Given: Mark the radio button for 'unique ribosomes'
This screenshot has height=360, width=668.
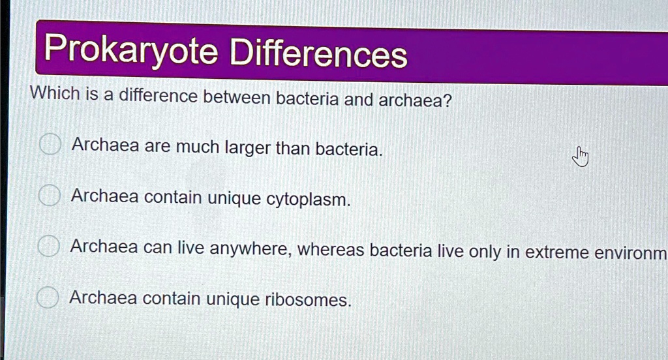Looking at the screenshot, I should (46, 297).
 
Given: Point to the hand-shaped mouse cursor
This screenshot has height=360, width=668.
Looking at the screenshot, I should (580, 157).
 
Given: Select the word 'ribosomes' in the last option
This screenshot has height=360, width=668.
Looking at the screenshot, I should (308, 301).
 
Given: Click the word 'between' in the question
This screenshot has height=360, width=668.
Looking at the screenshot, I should (237, 98).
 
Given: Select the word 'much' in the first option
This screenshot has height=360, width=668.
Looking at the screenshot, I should (198, 147).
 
